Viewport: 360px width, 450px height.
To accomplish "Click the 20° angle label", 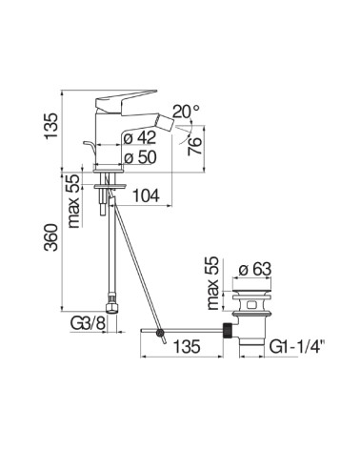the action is tap(187, 112).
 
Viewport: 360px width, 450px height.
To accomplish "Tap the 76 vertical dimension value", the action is tap(195, 146).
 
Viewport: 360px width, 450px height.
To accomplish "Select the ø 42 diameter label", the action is tap(140, 138).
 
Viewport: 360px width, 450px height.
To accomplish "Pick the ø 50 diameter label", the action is tap(140, 157).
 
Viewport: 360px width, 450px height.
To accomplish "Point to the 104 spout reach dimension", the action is tap(146, 195).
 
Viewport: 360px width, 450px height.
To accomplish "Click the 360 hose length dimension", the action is tap(51, 237).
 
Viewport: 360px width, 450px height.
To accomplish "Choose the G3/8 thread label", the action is tap(88, 324).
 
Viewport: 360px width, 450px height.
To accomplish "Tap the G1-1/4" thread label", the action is tap(297, 346).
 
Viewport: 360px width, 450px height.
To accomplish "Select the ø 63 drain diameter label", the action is tap(255, 269).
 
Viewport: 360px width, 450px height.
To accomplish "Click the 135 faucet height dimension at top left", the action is tap(51, 126).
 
